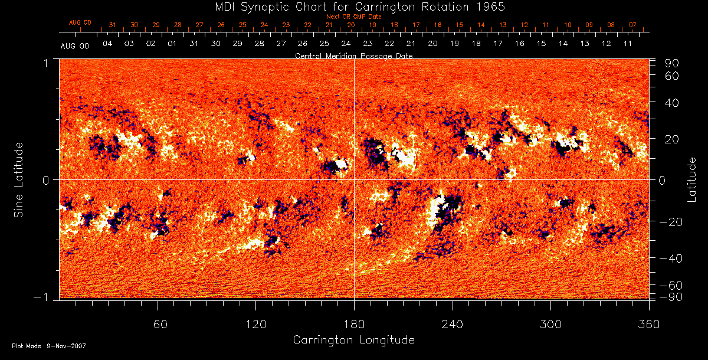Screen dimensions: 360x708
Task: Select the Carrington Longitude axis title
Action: [x=353, y=340]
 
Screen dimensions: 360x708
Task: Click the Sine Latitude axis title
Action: [x=19, y=179]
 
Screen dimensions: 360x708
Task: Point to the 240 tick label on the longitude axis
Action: [x=453, y=325]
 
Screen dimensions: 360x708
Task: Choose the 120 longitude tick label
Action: [x=255, y=325]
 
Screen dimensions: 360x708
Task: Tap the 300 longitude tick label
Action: [x=550, y=325]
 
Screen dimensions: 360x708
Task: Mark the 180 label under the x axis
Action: [x=354, y=325]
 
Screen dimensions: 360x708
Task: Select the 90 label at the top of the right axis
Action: [x=673, y=63]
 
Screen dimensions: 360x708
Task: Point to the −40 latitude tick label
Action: [x=670, y=258]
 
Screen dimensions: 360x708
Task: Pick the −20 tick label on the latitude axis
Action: [x=670, y=221]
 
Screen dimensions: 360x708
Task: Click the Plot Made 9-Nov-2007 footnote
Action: [x=49, y=346]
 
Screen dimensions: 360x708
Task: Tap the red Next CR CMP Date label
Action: [x=354, y=17]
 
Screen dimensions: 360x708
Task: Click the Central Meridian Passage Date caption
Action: [x=353, y=55]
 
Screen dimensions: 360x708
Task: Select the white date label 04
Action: [x=107, y=44]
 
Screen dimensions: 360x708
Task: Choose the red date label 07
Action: [x=632, y=25]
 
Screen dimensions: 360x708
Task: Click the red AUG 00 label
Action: [x=80, y=22]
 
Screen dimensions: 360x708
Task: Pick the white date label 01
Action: [x=172, y=44]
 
